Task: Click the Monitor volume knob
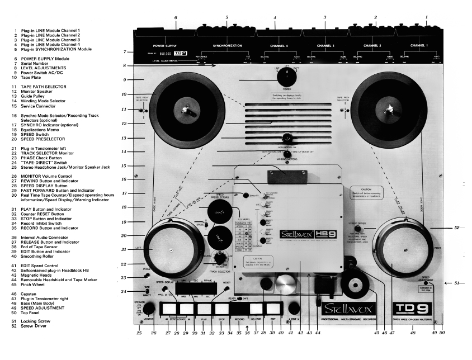click(149, 308)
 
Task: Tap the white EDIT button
click(273, 308)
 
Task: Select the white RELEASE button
click(256, 308)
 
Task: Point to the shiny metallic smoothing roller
click(284, 283)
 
